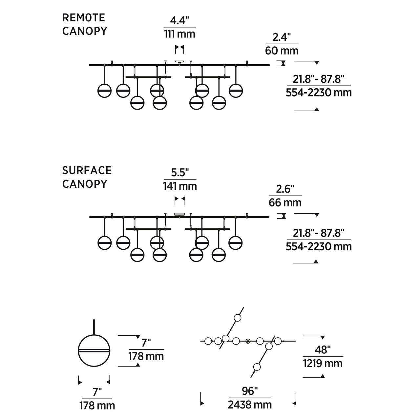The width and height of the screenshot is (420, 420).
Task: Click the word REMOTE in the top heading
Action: pos(84,17)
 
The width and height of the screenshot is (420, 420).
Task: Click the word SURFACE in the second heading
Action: pos(87,170)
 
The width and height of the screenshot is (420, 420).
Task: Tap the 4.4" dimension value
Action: pos(179,21)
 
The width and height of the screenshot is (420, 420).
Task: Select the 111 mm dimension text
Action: pos(179,34)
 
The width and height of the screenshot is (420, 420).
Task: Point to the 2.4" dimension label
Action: pos(282,37)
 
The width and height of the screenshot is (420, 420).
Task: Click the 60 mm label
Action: pos(282,51)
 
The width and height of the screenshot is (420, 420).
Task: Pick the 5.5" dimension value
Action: pos(180,173)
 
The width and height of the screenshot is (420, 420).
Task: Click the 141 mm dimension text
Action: pos(180,186)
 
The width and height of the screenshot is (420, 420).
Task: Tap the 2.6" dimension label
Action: pos(285,189)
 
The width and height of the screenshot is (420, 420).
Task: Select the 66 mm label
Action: pos(285,202)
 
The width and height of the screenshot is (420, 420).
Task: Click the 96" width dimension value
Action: pos(250,391)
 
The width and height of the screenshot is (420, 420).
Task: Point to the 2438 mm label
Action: pos(250,405)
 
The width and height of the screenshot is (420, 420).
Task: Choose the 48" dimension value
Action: pos(323,350)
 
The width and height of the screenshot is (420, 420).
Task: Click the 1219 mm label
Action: pos(323,363)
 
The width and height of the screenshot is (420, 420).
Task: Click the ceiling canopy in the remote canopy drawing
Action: pos(179,61)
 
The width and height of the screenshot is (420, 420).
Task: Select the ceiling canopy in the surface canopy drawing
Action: pos(179,214)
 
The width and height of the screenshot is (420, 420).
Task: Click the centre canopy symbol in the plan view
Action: pos(248,341)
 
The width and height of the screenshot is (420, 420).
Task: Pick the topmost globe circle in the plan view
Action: pos(237,318)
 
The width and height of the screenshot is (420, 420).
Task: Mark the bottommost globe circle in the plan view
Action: pos(257,367)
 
